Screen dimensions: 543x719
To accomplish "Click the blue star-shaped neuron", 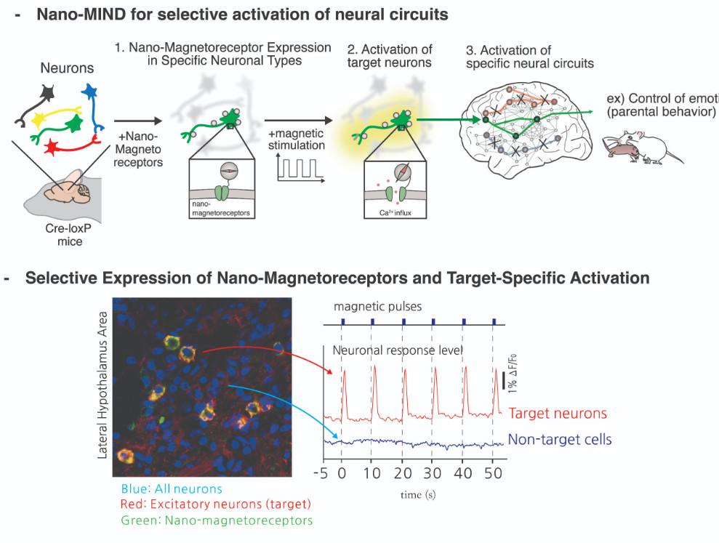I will [91, 92].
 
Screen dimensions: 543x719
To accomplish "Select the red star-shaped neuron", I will [51, 148].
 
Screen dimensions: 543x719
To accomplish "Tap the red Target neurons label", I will [558, 414].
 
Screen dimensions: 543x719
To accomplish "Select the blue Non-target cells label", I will [560, 439].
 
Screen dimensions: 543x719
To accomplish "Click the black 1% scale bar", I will [503, 380].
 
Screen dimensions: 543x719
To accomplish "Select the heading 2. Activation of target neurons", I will [390, 56].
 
